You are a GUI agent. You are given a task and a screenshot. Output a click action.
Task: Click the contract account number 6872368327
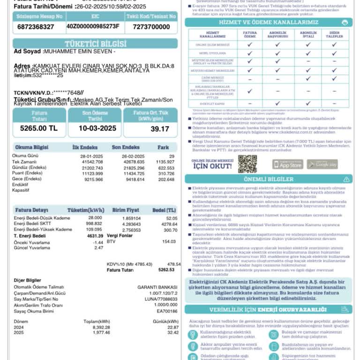35,27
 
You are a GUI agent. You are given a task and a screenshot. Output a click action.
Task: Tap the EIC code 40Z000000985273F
93,26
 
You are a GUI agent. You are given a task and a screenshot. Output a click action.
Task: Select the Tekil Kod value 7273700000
151,27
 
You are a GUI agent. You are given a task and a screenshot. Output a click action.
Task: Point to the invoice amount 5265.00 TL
38,128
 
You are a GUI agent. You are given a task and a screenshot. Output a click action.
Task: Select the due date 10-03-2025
97,128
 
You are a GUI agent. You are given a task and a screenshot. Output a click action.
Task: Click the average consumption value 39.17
160,128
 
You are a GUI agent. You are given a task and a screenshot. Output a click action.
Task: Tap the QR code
247,164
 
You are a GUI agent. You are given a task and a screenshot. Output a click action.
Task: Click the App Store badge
287,164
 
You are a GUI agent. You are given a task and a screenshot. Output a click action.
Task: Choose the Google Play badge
322,164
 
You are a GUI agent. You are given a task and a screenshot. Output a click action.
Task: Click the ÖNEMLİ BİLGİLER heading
269,179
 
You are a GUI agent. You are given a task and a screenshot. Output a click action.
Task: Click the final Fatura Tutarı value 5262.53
166,270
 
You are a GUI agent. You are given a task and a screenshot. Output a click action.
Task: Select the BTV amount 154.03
168,241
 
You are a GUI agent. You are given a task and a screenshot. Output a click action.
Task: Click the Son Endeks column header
126,147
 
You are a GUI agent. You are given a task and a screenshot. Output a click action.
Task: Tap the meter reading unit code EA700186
167,311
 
